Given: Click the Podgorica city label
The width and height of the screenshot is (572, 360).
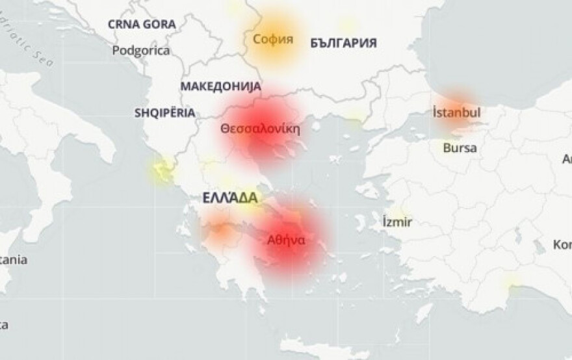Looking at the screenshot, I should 141,50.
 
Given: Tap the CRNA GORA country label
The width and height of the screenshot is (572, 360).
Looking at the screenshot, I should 142,24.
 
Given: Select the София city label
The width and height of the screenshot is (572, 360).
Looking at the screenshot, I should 273,39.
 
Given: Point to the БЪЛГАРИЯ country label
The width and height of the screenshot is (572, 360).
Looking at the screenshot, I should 344,43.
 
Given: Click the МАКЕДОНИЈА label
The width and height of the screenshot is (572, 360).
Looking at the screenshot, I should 220,86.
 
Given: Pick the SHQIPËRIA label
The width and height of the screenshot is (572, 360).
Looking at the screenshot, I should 164,112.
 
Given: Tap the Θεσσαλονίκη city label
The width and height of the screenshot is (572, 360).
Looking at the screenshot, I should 260,128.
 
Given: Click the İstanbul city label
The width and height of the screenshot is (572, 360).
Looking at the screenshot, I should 456,112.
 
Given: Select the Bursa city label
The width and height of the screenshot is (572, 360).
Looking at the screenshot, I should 460,148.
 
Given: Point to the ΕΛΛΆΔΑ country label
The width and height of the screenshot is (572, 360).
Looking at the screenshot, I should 229,198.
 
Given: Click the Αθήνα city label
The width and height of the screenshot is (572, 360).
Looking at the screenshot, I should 286,239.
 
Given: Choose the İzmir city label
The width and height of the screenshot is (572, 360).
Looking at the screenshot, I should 397,222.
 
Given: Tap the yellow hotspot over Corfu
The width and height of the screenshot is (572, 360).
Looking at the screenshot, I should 161,173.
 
